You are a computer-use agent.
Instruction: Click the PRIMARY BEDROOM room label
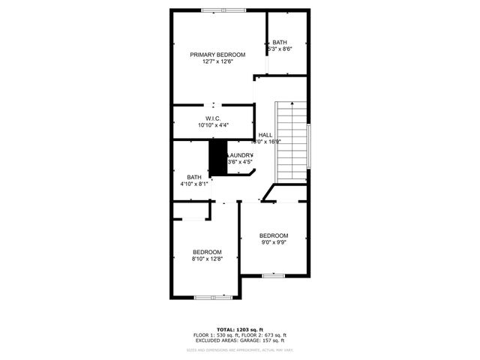[217, 55]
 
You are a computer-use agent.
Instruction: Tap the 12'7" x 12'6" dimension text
[217, 62]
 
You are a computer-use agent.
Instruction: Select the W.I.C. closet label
[213, 118]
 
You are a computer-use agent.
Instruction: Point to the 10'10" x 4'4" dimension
[213, 125]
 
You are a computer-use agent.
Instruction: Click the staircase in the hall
[293, 135]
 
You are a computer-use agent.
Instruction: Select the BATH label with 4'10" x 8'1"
[194, 177]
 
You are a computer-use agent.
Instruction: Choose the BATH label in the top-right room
[280, 42]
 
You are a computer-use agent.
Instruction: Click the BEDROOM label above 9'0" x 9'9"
[274, 235]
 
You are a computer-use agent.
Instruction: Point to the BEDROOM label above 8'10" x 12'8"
[207, 251]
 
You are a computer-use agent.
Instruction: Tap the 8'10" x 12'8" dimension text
[207, 259]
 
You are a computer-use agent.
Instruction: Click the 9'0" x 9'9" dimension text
[274, 243]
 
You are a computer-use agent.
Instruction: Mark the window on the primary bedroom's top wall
[223, 10]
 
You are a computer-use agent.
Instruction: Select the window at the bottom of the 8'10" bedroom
[213, 298]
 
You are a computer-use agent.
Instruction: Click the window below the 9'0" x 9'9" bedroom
[273, 276]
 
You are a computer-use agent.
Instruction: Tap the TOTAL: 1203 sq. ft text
[240, 329]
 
